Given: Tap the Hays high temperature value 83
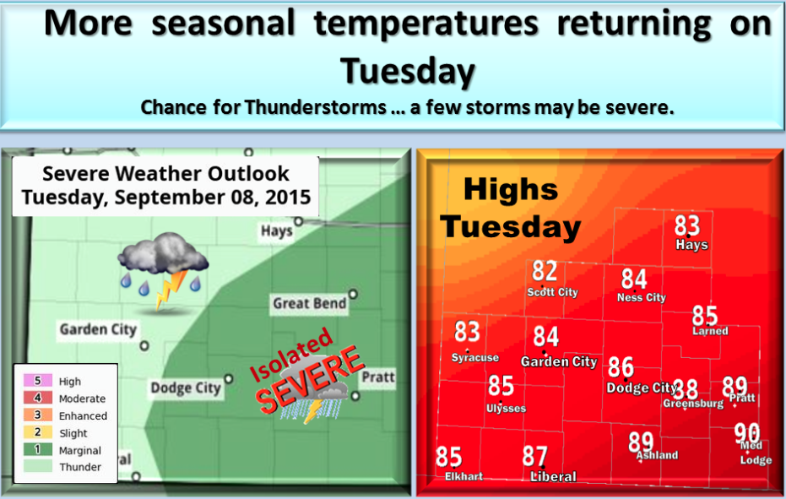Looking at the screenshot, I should pos(687,225).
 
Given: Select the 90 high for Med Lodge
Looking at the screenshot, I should pos(746,433).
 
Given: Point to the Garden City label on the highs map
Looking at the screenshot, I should pos(558,361).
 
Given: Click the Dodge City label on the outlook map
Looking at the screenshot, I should pos(185,388).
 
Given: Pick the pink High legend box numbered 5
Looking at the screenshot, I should pos(38,382).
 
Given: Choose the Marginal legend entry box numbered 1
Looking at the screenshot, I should pos(38,450).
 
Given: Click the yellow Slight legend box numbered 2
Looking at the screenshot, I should pos(38,433).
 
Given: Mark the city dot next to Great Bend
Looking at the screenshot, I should pos(353,295).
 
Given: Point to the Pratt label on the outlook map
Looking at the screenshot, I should pos(377,377).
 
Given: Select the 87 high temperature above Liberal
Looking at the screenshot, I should pos(534,457).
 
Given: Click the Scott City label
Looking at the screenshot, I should pos(552,292).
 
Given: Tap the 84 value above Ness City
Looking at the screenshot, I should pos(634,279).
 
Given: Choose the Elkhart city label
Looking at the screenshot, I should pos(463,476).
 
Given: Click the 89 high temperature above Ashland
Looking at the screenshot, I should pos(641,442).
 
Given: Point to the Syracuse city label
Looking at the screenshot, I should pos(474,357).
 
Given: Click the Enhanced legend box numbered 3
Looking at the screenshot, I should pos(38,415).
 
